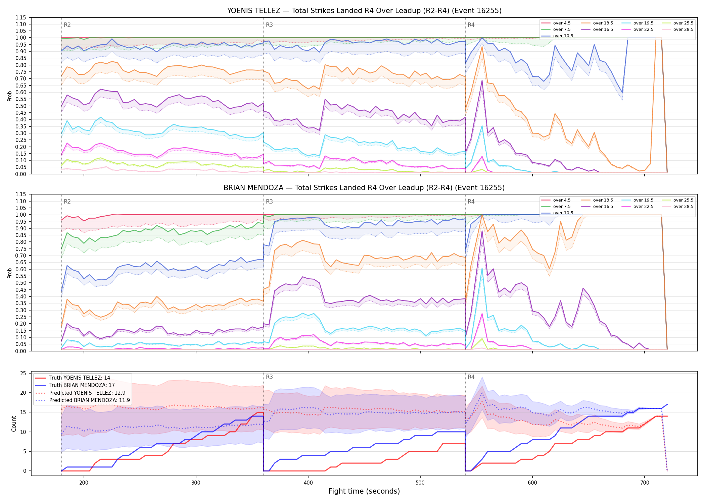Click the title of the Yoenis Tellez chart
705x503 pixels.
click(x=364, y=11)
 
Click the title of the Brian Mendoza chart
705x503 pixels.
click(x=364, y=188)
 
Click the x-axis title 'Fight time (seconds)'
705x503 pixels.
click(x=364, y=491)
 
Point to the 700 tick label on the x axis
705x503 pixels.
click(x=645, y=483)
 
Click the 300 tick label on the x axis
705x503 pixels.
click(x=196, y=483)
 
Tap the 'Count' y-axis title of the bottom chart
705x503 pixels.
click(x=14, y=424)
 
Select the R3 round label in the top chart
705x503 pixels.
click(x=269, y=25)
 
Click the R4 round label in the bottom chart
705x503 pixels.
click(x=471, y=377)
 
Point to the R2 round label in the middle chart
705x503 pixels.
click(x=67, y=202)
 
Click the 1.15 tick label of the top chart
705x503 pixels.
click(x=20, y=17)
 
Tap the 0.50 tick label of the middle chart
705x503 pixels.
click(x=20, y=283)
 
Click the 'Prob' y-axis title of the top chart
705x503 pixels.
click(x=10, y=96)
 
